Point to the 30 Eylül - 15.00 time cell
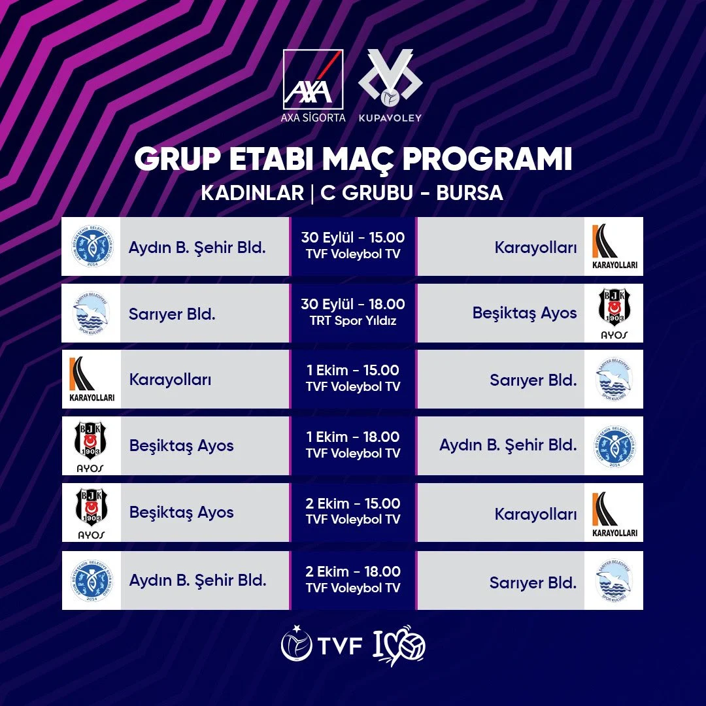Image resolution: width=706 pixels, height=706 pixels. tap(353, 238)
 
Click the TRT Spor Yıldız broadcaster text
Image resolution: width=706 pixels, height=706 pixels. tap(353, 321)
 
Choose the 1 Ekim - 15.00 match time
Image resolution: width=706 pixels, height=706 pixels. tap(353, 371)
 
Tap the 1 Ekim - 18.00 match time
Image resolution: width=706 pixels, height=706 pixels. tap(353, 437)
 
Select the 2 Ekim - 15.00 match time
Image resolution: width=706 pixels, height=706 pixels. tap(353, 504)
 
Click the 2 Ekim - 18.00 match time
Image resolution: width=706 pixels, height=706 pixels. tap(353, 571)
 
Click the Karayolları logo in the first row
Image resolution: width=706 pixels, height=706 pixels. tap(614, 246)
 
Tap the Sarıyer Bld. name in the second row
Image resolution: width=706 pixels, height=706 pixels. tap(173, 314)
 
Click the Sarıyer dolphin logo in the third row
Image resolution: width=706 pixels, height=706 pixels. tap(614, 380)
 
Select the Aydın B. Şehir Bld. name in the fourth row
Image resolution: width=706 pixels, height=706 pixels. tap(508, 446)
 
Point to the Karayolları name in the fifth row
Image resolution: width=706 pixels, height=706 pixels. tap(536, 513)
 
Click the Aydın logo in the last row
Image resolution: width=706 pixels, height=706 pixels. tap(92, 580)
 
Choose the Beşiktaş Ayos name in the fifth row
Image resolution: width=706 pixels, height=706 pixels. tap(182, 513)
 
